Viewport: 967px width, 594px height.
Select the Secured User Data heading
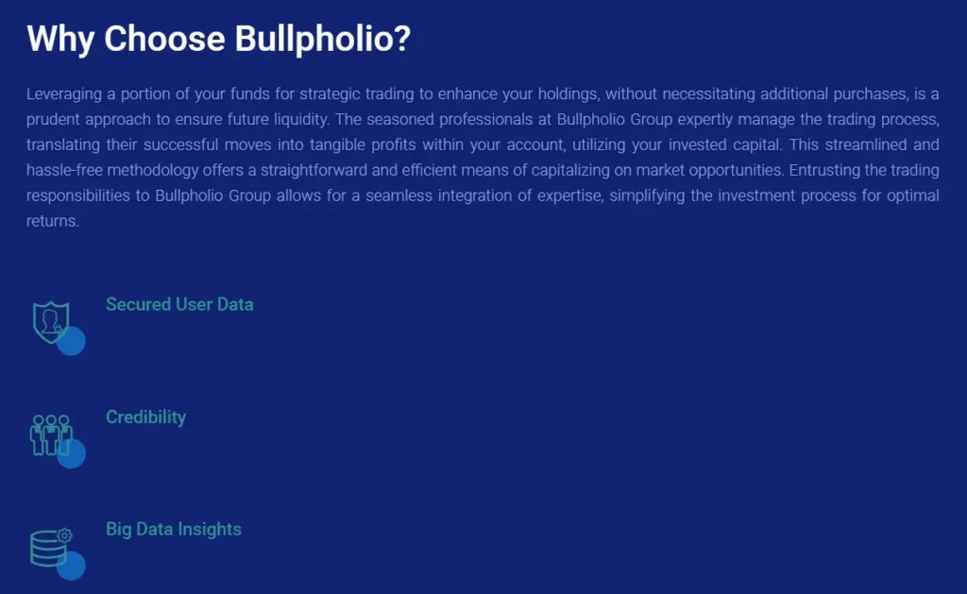(179, 304)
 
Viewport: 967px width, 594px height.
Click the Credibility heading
(145, 416)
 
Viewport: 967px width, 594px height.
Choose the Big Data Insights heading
(174, 529)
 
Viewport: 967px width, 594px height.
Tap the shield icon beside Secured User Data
(50, 322)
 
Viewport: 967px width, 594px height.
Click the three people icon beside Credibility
(50, 434)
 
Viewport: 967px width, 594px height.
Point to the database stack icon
(47, 548)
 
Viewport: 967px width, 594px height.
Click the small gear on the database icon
(64, 535)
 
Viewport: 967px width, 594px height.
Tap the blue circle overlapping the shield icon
(72, 342)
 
